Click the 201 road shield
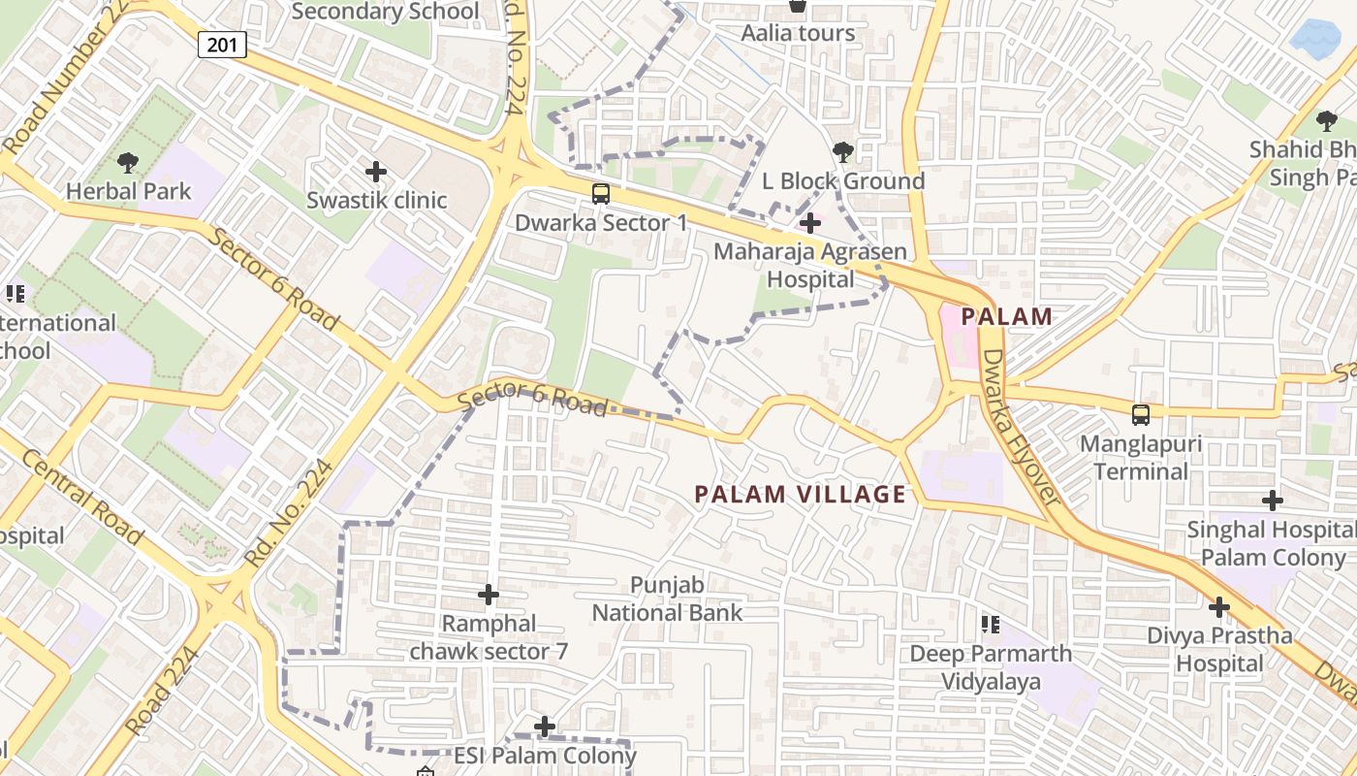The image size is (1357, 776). [223, 44]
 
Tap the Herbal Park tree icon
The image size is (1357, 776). [127, 162]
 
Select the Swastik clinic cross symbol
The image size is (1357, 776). [376, 172]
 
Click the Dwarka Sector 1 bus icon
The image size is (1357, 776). [601, 194]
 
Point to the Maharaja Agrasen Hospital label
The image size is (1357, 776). [810, 266]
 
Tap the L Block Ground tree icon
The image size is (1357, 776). [843, 151]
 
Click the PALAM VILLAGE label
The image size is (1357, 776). [800, 495]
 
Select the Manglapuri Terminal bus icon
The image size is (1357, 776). [1141, 415]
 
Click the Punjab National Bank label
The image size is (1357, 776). [667, 599]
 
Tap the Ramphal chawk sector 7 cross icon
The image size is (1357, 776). [489, 594]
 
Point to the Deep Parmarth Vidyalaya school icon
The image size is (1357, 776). [990, 624]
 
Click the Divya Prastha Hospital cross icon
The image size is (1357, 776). [1219, 607]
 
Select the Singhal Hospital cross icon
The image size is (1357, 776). [1273, 501]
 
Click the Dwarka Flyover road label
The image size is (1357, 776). [1022, 428]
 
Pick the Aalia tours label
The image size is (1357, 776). [798, 33]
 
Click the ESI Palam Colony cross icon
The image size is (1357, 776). [545, 726]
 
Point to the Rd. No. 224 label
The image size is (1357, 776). [290, 514]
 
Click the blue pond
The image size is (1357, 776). [1315, 37]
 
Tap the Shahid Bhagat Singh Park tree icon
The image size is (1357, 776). [1326, 121]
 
